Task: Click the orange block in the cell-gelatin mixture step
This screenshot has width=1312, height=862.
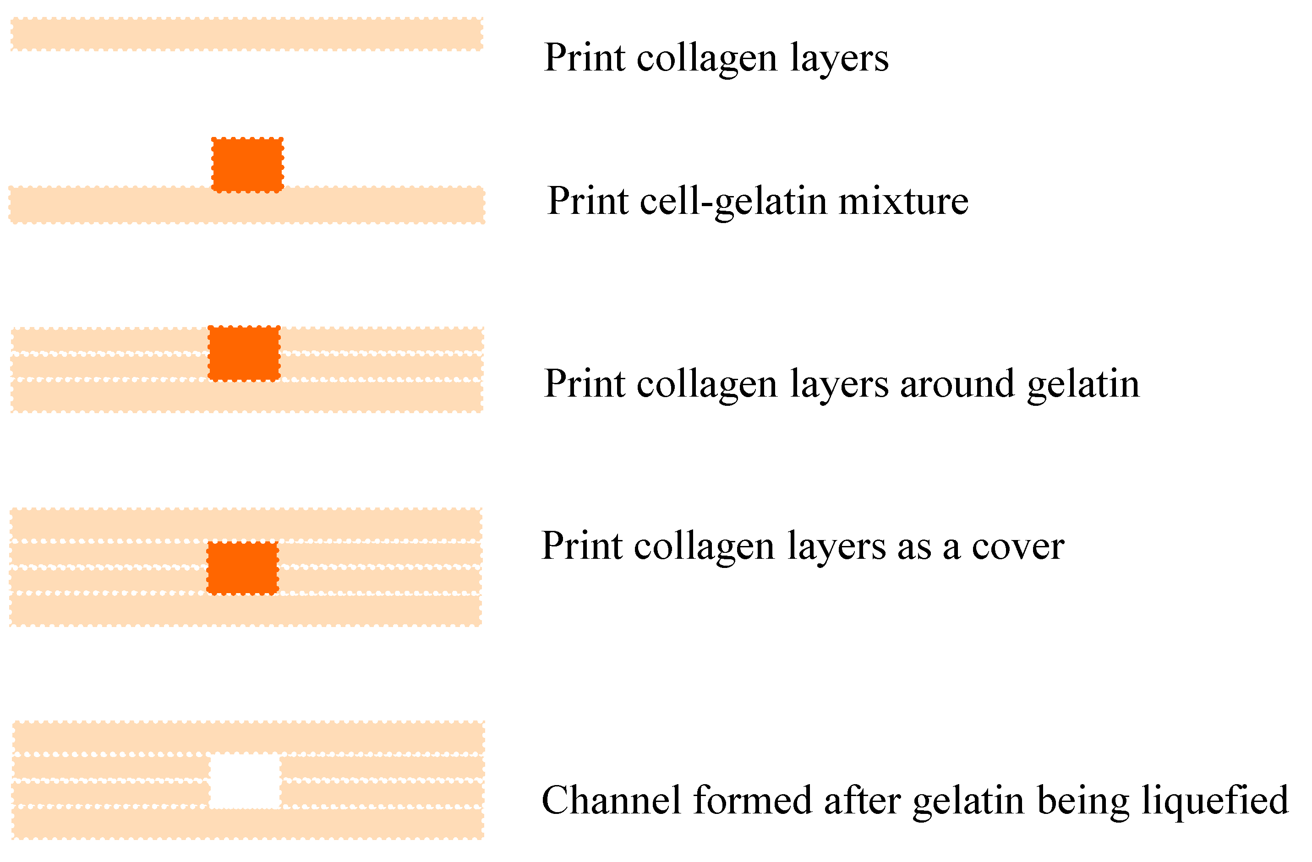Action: click(x=247, y=165)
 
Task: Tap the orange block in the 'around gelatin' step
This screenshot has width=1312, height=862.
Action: click(x=244, y=353)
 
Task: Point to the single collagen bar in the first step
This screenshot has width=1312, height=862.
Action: click(x=247, y=34)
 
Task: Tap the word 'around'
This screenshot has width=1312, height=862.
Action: click(x=957, y=384)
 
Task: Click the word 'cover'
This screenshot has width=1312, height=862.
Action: click(x=1017, y=547)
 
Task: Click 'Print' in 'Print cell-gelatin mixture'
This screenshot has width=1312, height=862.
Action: click(x=588, y=201)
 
